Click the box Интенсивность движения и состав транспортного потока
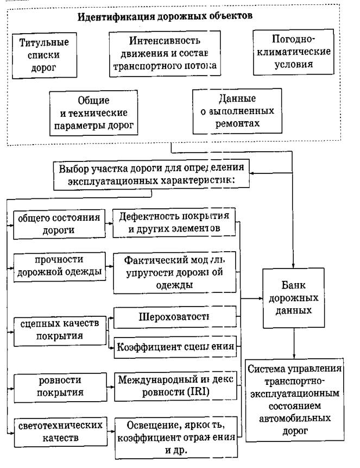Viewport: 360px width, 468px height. click(x=166, y=53)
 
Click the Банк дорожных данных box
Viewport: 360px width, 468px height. click(x=293, y=299)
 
